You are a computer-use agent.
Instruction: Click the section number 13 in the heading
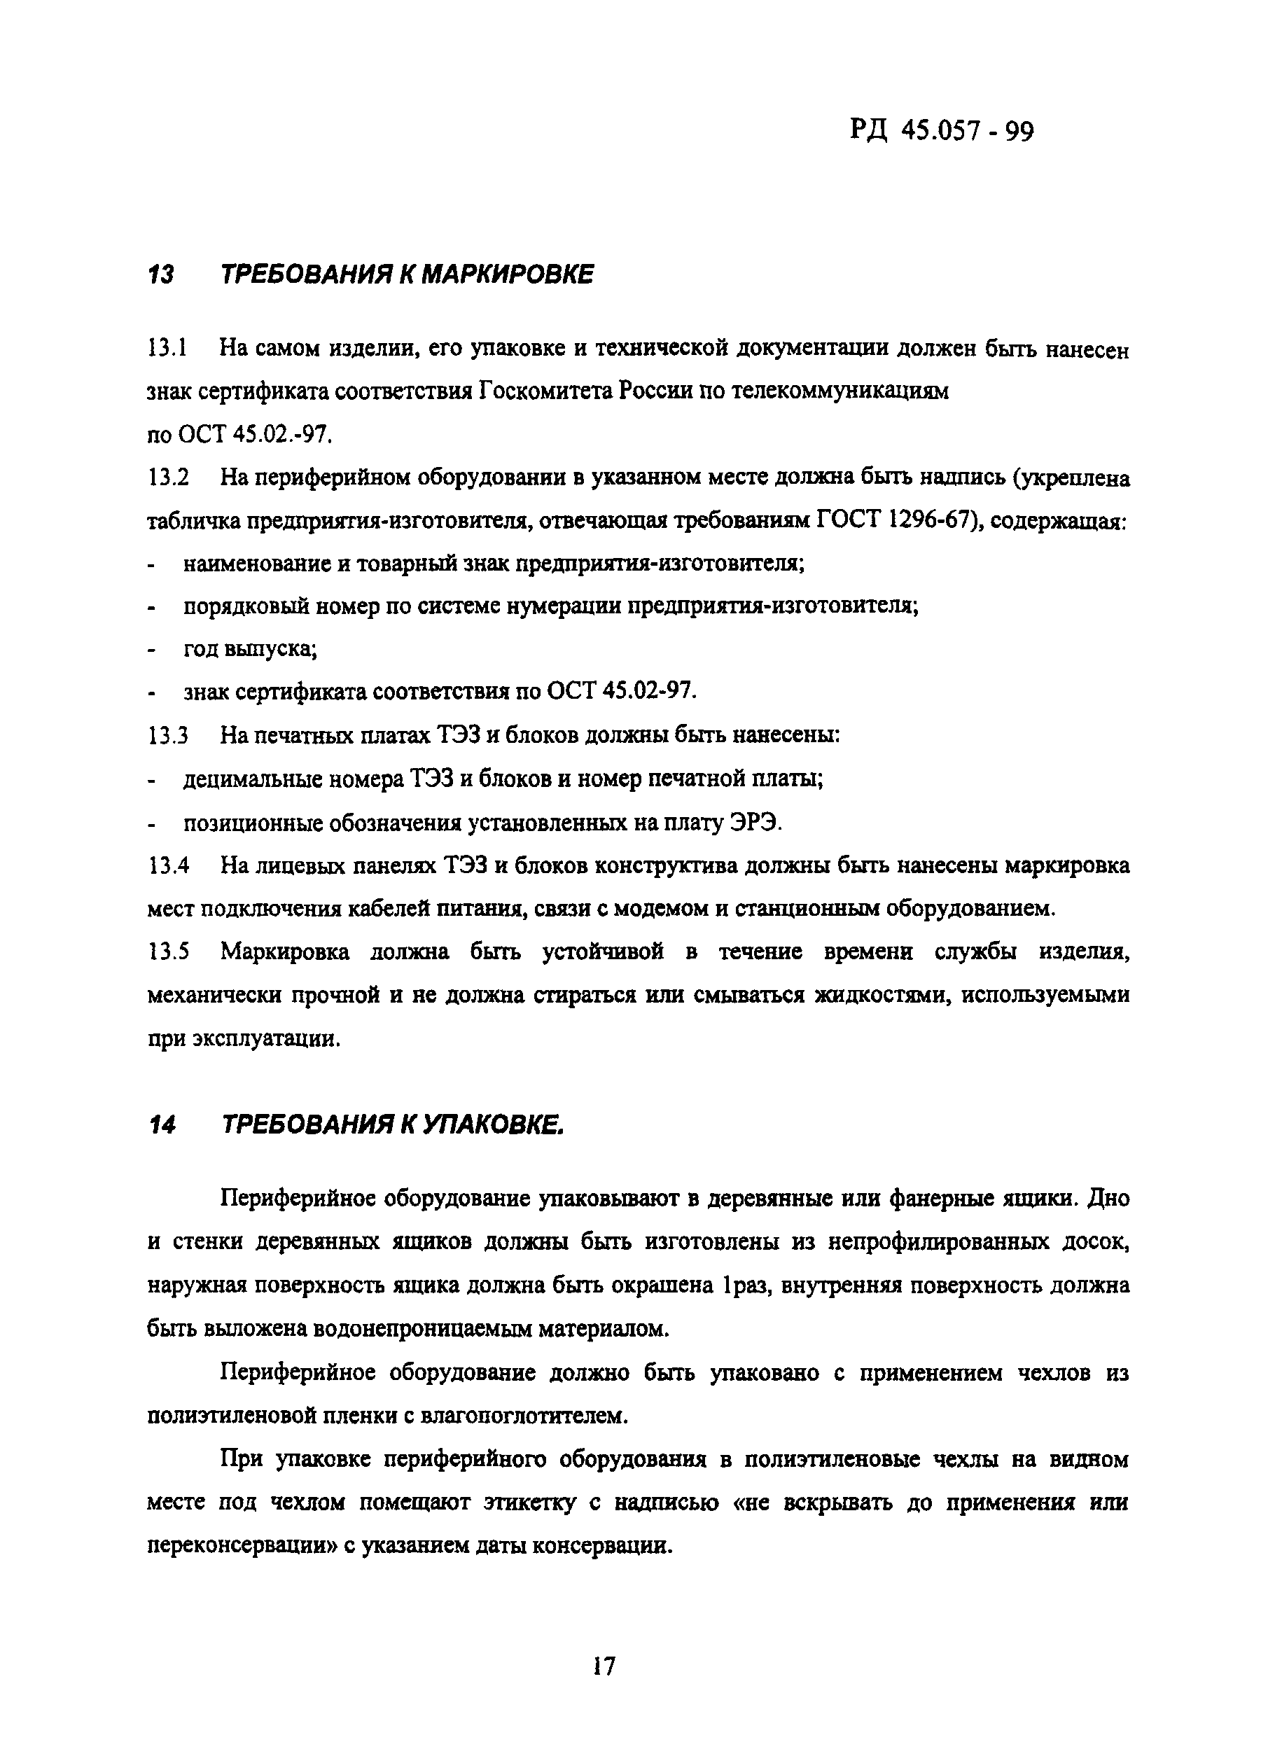(160, 274)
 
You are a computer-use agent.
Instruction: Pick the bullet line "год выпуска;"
(250, 648)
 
